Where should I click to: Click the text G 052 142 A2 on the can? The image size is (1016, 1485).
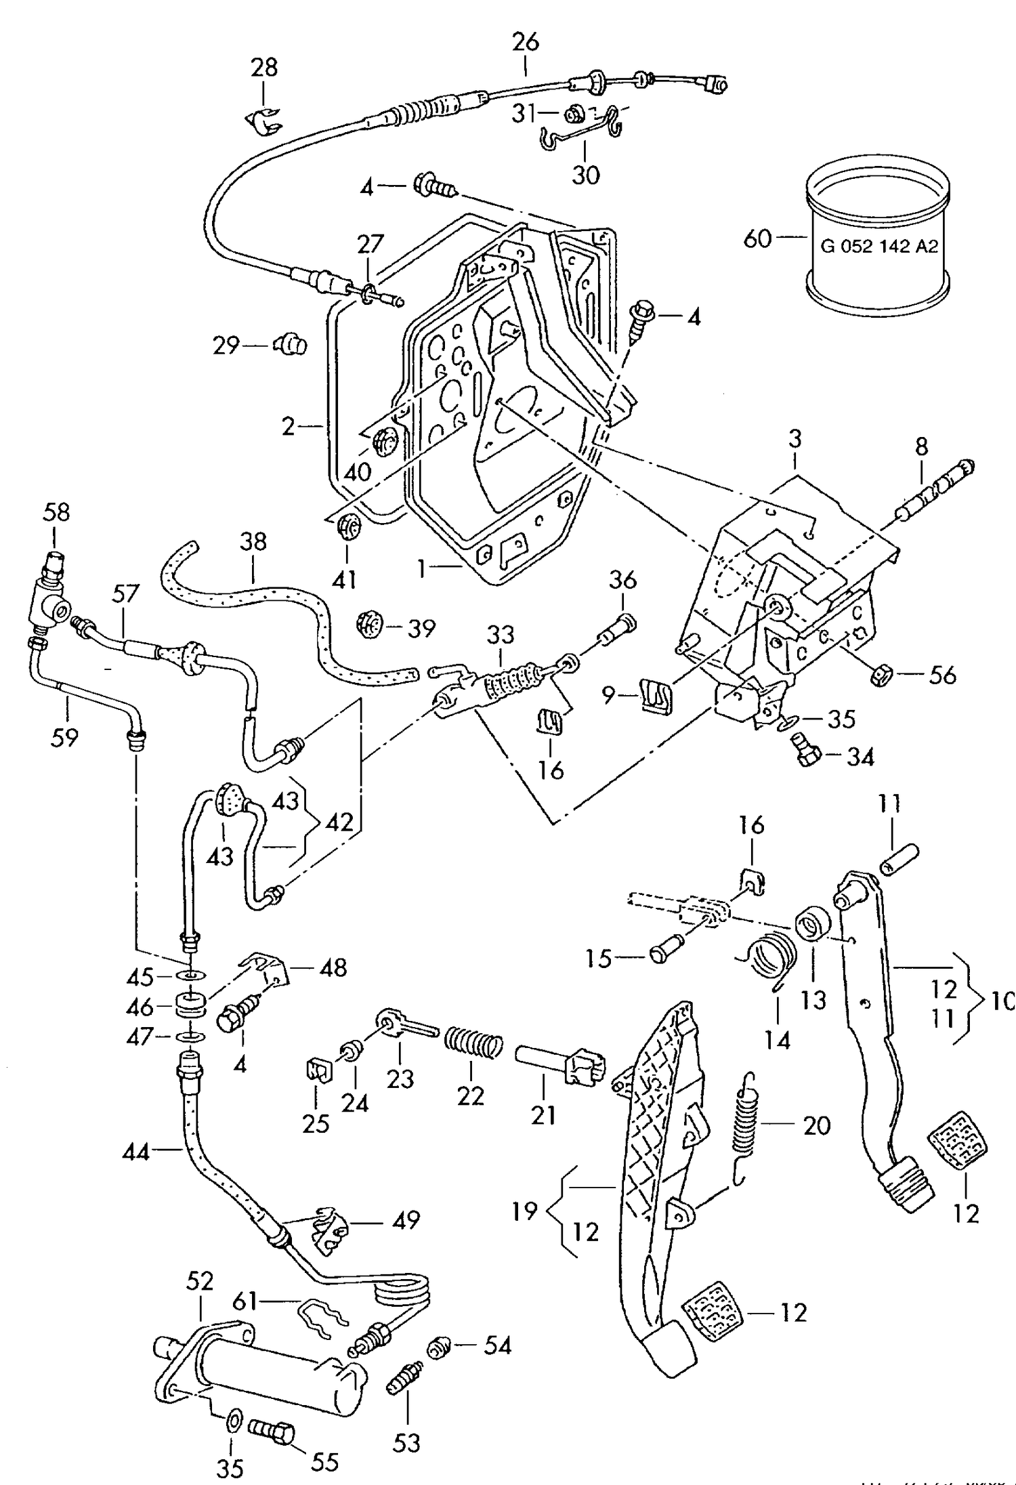click(879, 247)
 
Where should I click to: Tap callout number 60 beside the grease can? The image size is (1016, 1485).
click(757, 238)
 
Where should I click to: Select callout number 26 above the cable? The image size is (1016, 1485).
click(525, 42)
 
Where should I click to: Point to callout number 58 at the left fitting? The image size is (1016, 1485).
click(56, 511)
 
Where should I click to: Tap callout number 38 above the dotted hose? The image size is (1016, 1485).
click(253, 542)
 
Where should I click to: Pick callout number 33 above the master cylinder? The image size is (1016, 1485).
click(501, 635)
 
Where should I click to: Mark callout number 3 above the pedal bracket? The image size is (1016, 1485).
click(795, 439)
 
